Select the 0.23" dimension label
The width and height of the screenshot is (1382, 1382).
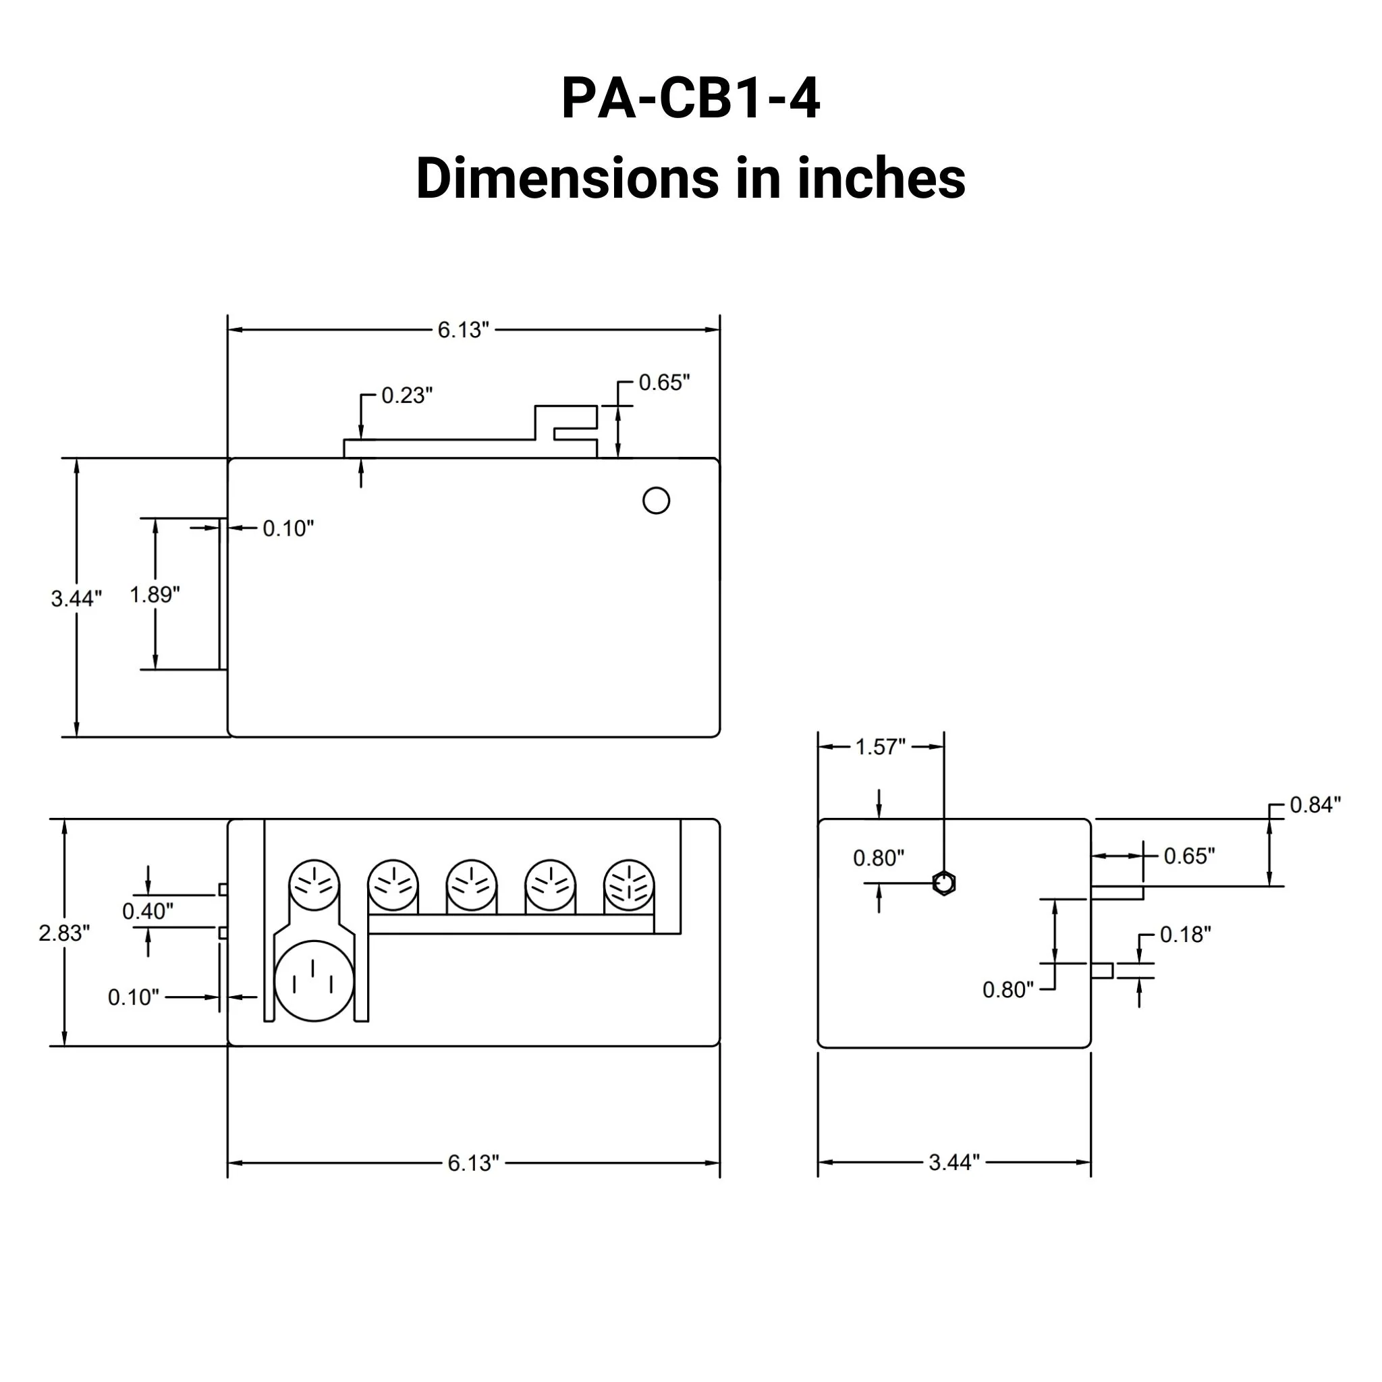coord(406,395)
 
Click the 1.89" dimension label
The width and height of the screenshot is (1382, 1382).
coord(155,595)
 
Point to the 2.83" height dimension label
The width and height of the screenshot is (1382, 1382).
coord(64,933)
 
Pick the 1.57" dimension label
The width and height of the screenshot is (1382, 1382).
coord(881,747)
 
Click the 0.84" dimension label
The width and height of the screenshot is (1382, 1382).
coord(1315,805)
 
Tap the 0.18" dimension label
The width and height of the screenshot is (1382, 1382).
coord(1185,935)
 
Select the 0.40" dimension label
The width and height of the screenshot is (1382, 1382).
coord(148,911)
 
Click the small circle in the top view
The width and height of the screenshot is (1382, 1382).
coord(656,501)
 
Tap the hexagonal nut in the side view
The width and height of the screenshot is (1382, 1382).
coord(944,883)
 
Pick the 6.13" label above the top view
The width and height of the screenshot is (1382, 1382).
coord(464,330)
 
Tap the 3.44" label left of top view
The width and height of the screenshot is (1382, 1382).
coord(76,598)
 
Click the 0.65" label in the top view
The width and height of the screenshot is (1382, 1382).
coord(664,383)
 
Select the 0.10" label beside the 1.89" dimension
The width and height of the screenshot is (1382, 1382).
coord(288,528)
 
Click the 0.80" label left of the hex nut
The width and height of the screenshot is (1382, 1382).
coord(879,858)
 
